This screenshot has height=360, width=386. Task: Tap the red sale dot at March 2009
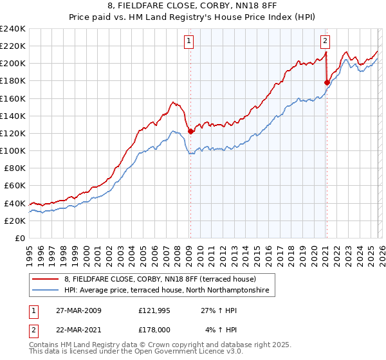190,131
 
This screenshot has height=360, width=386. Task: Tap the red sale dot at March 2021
327,82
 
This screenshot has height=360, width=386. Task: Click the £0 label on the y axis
19,238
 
